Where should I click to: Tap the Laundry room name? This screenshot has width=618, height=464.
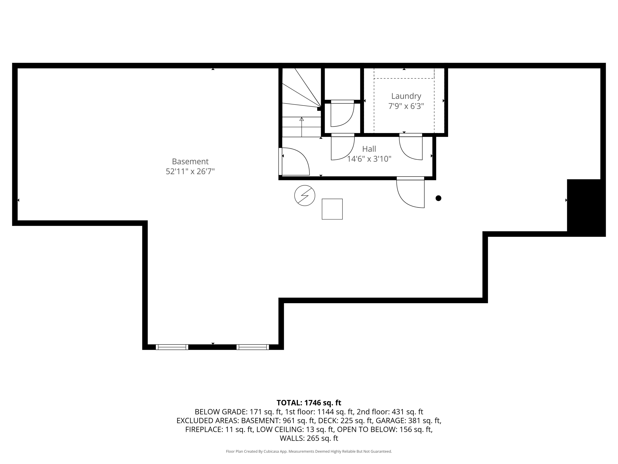pos(406,96)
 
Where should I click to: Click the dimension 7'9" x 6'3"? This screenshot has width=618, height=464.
pos(406,106)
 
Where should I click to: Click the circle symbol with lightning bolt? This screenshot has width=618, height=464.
pos(304,195)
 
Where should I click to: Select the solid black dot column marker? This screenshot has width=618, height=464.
pos(438,198)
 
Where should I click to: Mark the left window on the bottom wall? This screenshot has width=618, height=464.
pos(172,347)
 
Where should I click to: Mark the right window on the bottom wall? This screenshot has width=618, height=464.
pos(253,347)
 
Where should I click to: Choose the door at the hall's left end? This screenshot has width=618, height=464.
pos(295,162)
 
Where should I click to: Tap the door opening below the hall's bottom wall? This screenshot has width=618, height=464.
pos(410,193)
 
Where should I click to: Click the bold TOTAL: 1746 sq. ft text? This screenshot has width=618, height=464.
pos(309,403)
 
